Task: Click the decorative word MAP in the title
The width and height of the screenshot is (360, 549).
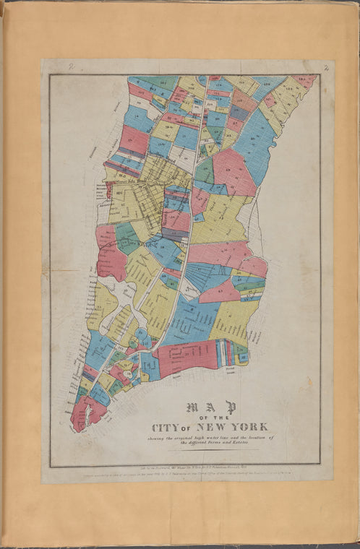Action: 207,407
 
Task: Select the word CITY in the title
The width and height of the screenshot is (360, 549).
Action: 167,427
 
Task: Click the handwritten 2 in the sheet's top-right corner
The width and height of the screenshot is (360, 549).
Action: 327,69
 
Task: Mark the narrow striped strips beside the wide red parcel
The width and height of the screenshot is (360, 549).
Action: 227,353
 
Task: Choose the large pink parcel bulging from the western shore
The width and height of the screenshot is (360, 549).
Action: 109,254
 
